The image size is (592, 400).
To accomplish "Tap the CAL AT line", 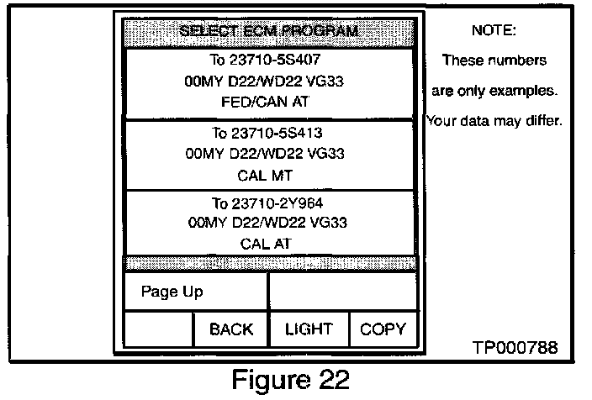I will click(269, 244).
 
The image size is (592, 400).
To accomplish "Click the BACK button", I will click(231, 329).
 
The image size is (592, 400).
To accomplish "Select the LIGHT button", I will click(309, 329).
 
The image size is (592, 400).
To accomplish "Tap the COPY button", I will click(383, 329).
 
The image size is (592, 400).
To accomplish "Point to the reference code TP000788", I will click(515, 347).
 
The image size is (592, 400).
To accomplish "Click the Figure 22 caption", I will click(290, 380).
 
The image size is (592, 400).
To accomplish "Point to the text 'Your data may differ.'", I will click(494, 120).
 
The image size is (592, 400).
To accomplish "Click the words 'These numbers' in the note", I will click(494, 61).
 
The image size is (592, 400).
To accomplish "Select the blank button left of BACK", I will click(159, 329).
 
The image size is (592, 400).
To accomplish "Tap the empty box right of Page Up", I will click(342, 292).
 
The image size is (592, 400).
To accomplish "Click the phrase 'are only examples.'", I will click(494, 90).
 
